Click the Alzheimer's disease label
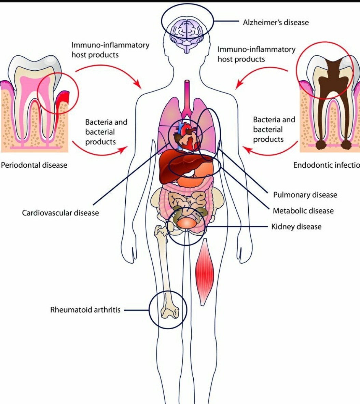point(276,23)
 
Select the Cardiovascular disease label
point(60,213)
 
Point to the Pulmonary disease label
point(305,195)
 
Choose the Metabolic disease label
point(303,211)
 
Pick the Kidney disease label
point(296,227)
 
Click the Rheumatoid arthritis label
point(85,310)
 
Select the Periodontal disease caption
point(34,165)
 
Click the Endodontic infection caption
point(326,165)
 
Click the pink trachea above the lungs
point(187,96)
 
